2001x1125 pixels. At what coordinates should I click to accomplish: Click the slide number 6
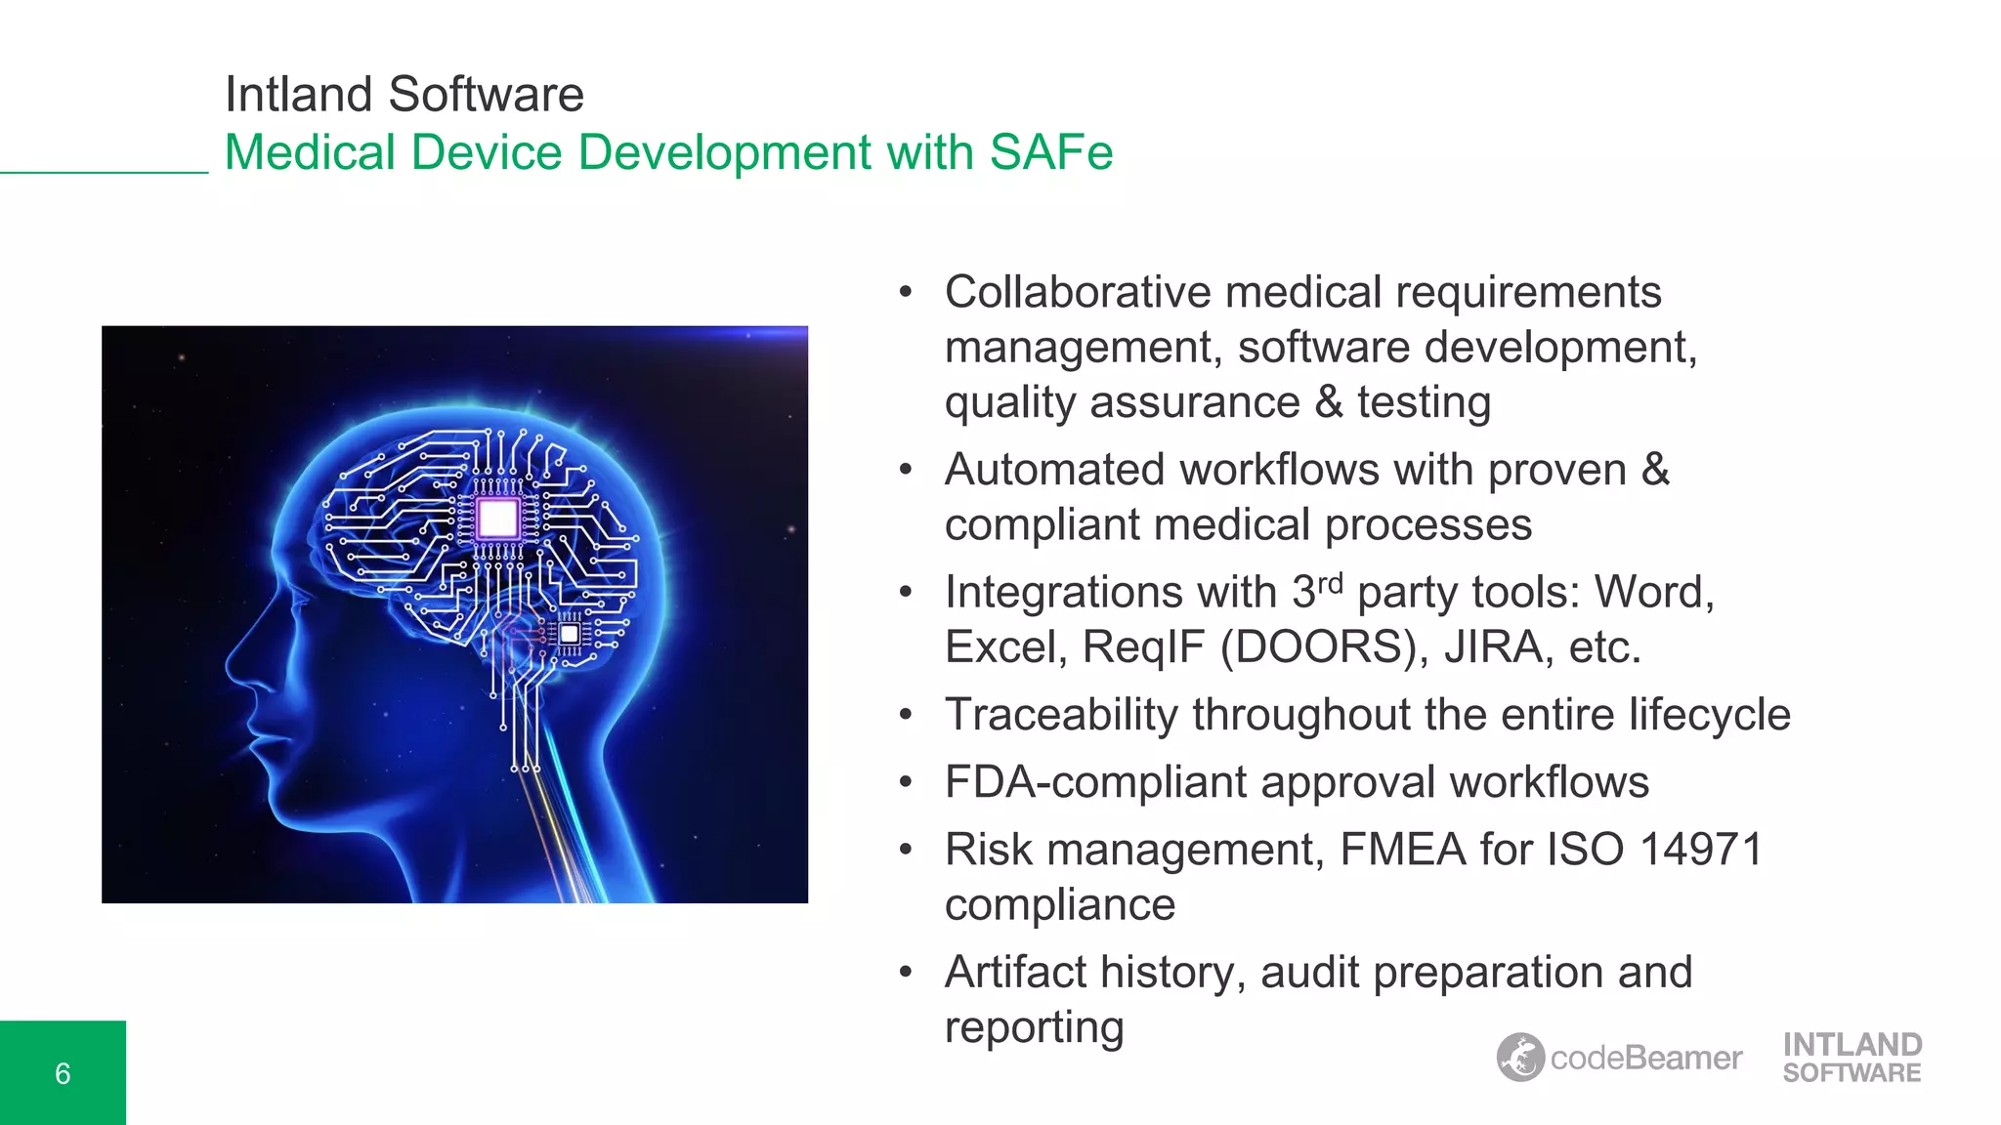point(63,1073)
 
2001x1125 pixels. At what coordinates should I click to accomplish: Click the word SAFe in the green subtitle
point(1050,152)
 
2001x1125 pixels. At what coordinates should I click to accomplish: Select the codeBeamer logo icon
point(1520,1058)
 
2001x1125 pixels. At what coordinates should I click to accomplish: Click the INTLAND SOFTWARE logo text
point(1852,1058)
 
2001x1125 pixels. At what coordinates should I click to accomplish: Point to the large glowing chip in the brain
point(497,519)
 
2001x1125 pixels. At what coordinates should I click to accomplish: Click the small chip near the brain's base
point(570,634)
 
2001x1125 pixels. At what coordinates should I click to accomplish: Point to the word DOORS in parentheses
point(1320,647)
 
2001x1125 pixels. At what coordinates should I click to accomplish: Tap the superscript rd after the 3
point(1330,584)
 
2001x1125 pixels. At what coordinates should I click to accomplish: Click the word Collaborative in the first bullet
point(1078,292)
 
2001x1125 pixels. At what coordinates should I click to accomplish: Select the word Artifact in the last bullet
point(1015,973)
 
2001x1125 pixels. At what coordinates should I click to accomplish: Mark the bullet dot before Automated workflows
point(906,470)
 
